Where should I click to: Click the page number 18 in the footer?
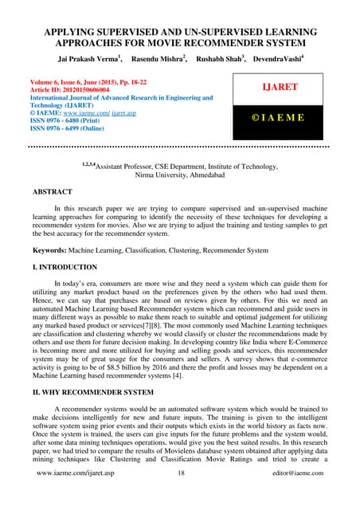click(178, 495)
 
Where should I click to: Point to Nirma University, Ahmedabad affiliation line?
click(179, 174)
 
